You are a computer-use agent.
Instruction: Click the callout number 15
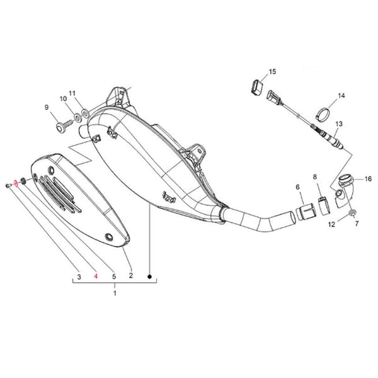[x=272, y=72]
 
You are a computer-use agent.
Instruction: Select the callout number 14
[x=341, y=96]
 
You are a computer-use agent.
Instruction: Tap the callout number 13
[x=338, y=124]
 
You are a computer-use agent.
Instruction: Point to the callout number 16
[x=369, y=179]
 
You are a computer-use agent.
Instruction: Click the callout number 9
[x=46, y=107]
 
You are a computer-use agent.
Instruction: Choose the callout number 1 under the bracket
[x=115, y=294]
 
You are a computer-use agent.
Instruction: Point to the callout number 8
[x=316, y=178]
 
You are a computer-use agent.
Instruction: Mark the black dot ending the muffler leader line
[x=149, y=277]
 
